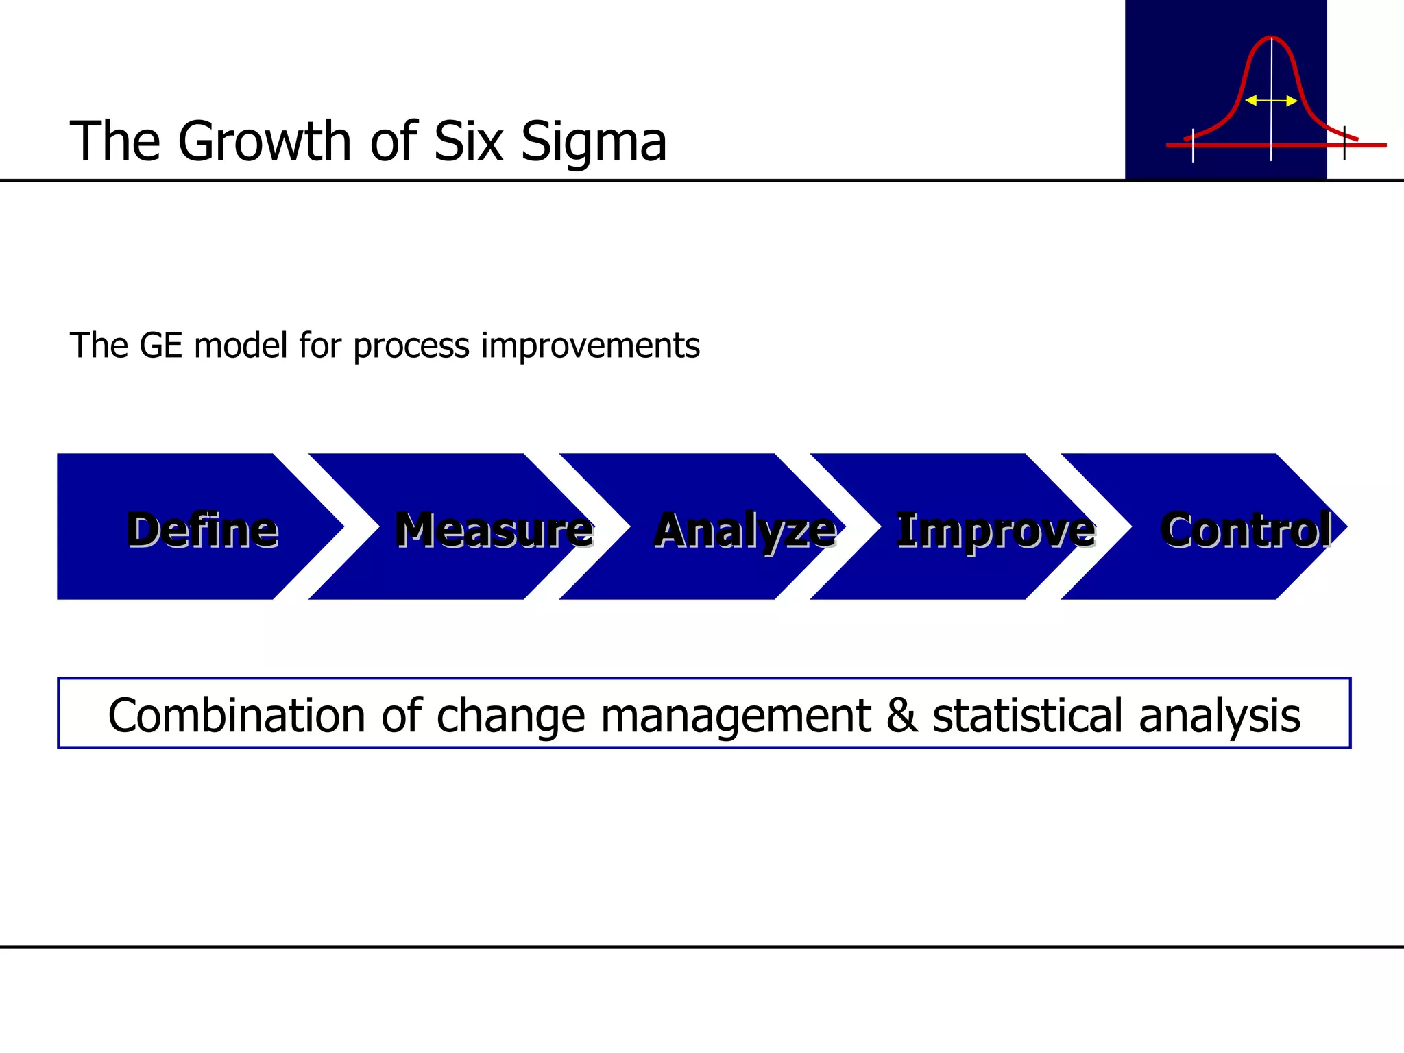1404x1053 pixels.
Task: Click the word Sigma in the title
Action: pyautogui.click(x=593, y=142)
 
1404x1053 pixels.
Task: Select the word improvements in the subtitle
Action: pyautogui.click(x=590, y=345)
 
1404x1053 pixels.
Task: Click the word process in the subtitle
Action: pyautogui.click(x=411, y=346)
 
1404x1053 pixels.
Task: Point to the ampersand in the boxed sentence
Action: pyautogui.click(x=901, y=715)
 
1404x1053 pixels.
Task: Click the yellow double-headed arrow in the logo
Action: pyautogui.click(x=1271, y=101)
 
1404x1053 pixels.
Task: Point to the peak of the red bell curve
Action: pyautogui.click(x=1271, y=37)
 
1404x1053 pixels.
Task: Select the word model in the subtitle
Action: pyautogui.click(x=240, y=345)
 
